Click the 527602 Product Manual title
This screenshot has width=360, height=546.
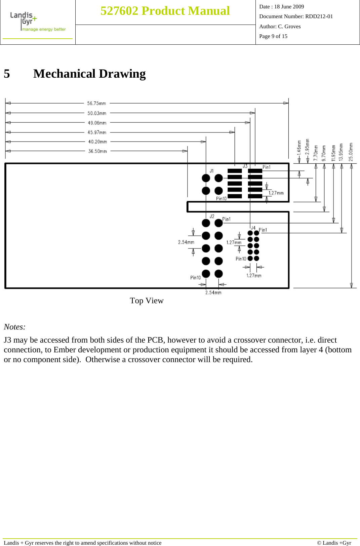coord(165,11)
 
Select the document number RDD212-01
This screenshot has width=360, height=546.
coord(319,16)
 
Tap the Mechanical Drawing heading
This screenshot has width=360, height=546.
coord(89,74)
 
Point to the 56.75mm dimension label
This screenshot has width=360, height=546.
coord(96,103)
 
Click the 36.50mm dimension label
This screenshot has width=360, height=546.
coord(97,151)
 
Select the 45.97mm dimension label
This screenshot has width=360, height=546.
coord(97,132)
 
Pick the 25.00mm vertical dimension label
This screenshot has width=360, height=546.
coord(351,152)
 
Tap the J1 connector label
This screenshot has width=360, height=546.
coord(212,171)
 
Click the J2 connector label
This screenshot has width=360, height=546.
coord(212,216)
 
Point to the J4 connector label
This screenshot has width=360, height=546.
coord(253,228)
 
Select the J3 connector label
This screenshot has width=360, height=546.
coord(245,166)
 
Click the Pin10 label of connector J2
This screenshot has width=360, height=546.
coord(195,277)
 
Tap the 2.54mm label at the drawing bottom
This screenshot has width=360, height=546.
coord(213,292)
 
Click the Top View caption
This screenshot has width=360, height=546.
coord(147,301)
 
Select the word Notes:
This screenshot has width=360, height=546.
coord(14,327)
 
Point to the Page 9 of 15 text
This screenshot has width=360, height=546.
coord(273,36)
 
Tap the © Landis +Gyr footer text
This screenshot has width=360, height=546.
coord(334,543)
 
